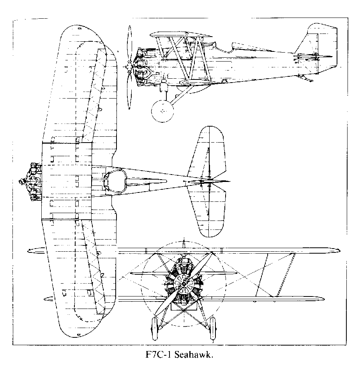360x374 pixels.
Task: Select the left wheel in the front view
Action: tap(155, 328)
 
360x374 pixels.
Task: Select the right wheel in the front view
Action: tap(212, 328)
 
